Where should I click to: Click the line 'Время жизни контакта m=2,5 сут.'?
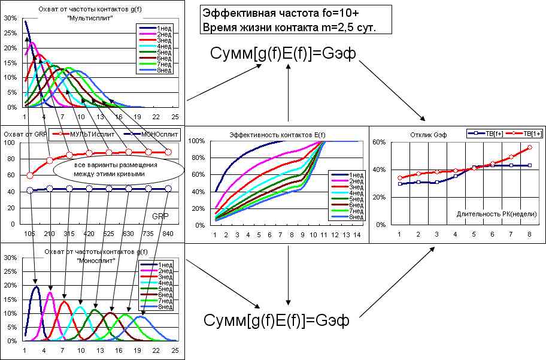point(289,28)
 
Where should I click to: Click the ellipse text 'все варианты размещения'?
point(112,165)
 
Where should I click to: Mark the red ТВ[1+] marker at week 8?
point(530,147)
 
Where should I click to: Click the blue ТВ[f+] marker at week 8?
point(530,165)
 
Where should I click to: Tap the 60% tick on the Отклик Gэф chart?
point(378,142)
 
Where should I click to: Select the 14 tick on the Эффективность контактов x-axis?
point(357,235)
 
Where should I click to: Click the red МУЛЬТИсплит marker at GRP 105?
point(30,175)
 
